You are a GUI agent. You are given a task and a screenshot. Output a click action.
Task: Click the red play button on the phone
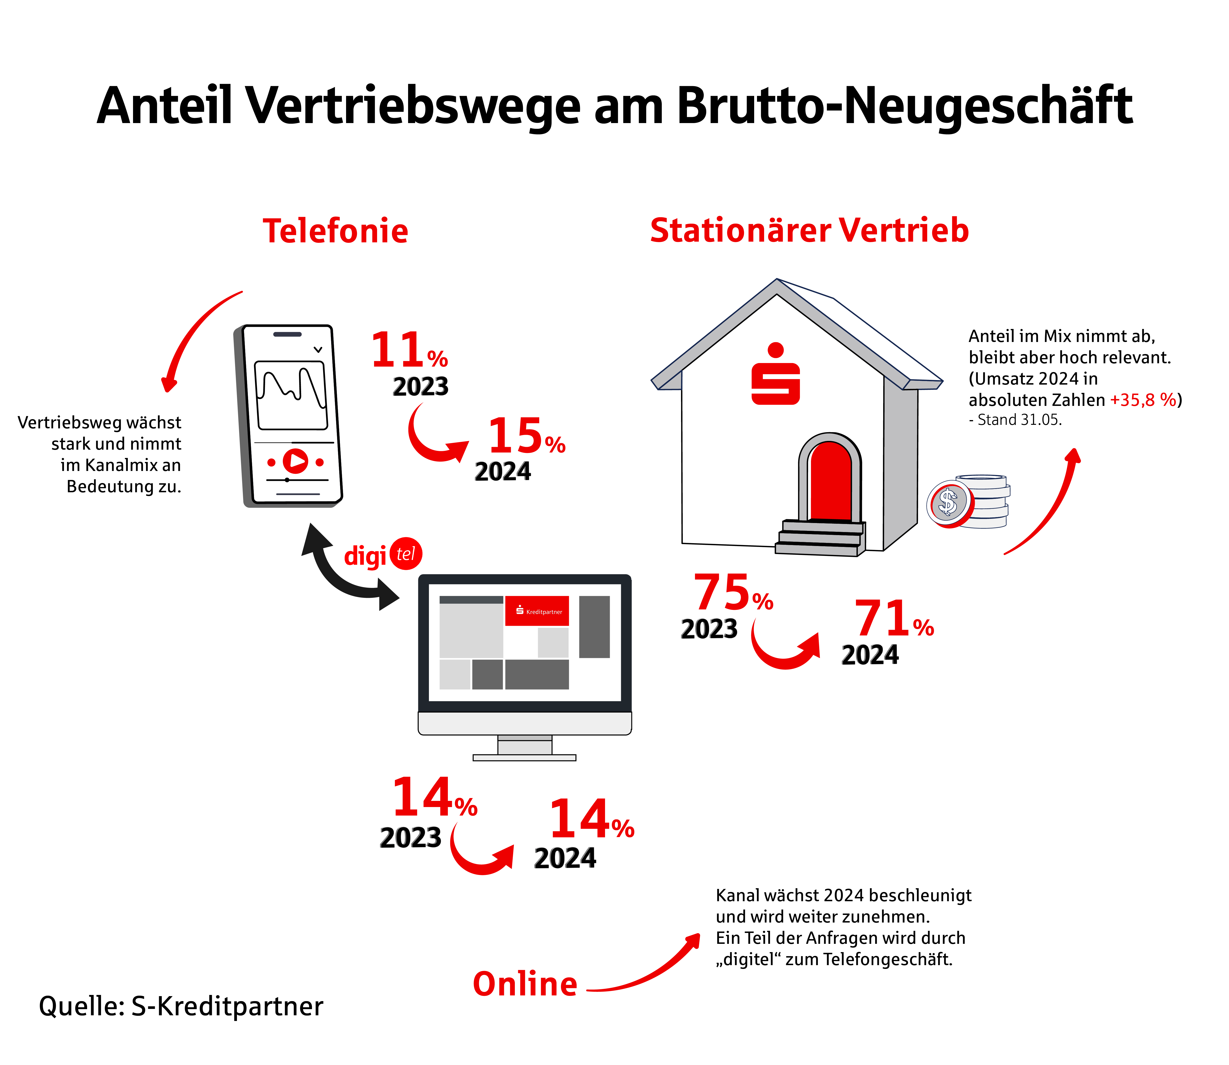pyautogui.click(x=295, y=461)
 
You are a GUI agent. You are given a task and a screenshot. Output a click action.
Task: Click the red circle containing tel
pyautogui.click(x=406, y=554)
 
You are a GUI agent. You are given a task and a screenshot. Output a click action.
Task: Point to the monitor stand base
pyautogui.click(x=524, y=758)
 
